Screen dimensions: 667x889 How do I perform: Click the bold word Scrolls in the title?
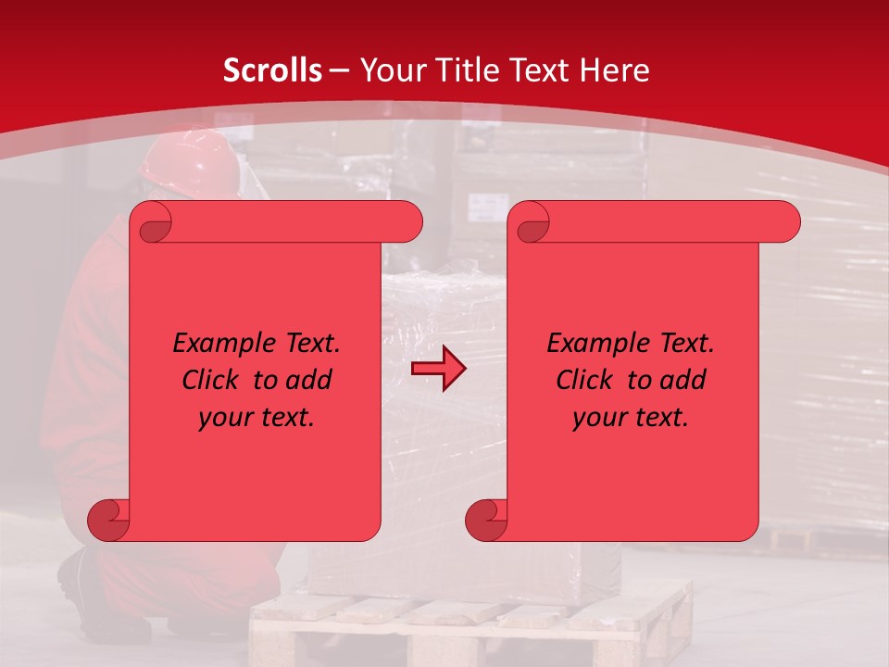[272, 70]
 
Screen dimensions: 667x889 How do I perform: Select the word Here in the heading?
[616, 70]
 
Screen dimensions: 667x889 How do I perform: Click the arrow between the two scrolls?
[439, 369]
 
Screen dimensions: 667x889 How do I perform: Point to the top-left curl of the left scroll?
[151, 223]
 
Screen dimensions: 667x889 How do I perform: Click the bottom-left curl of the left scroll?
[108, 520]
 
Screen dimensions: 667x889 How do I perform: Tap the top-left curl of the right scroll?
[529, 223]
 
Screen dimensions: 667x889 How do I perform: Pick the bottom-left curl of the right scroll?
[486, 520]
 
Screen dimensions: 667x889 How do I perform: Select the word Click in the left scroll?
[211, 381]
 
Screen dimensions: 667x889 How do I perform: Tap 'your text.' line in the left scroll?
[257, 418]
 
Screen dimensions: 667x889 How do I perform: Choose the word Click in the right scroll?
[585, 381]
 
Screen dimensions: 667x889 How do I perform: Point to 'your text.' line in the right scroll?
[631, 418]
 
